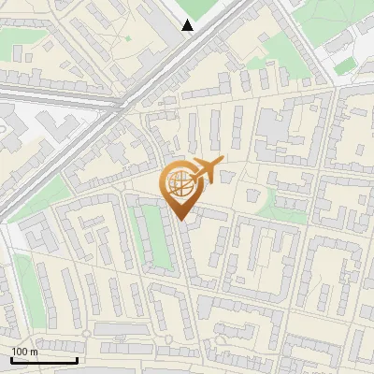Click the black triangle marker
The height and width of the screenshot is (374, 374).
(x=188, y=25)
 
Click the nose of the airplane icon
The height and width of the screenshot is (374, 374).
(x=221, y=163)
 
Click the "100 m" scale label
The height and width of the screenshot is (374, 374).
(x=24, y=352)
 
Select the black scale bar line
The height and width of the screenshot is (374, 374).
(x=43, y=360)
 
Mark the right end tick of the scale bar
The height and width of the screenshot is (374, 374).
(x=76, y=358)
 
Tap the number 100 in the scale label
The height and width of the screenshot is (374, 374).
(x=20, y=352)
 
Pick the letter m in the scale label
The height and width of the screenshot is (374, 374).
(x=34, y=352)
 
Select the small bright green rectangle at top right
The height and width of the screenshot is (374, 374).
(x=346, y=65)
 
